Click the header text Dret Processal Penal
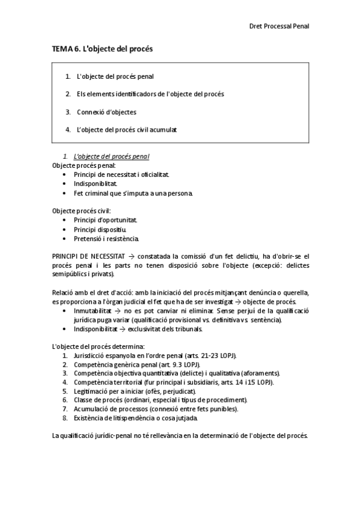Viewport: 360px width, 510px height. (x=279, y=26)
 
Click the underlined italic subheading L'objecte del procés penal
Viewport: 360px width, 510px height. (x=111, y=156)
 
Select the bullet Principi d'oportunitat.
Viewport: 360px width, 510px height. (x=105, y=220)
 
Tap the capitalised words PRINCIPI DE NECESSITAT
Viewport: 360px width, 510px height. (x=87, y=256)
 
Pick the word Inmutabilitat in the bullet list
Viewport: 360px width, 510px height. (x=93, y=310)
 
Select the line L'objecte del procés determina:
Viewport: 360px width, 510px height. (x=98, y=347)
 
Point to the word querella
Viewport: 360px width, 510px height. (x=295, y=292)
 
